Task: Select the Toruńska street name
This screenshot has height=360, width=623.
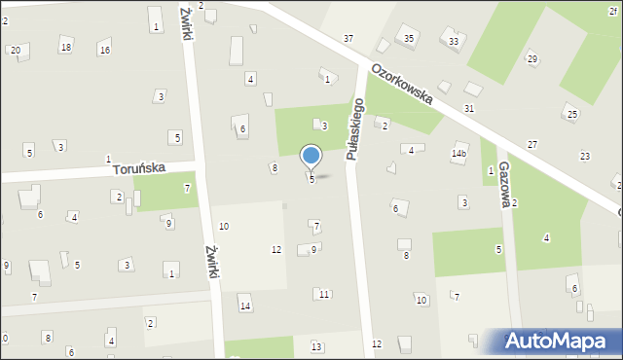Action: click(137, 168)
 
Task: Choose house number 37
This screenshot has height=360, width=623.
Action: click(348, 38)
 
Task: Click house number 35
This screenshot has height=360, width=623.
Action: click(409, 38)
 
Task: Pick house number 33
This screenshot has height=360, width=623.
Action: click(454, 42)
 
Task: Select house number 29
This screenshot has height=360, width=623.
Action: click(532, 59)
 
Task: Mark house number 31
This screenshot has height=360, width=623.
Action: click(469, 108)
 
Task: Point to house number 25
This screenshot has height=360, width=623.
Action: click(572, 115)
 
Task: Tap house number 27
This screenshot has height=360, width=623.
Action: click(532, 144)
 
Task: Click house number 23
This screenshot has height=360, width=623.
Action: click(585, 156)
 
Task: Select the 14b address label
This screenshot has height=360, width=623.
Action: click(458, 154)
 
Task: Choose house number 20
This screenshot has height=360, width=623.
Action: click(15, 49)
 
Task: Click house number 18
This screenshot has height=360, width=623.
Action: click(65, 47)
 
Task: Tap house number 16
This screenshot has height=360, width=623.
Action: click(104, 50)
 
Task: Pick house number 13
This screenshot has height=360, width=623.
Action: click(316, 346)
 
